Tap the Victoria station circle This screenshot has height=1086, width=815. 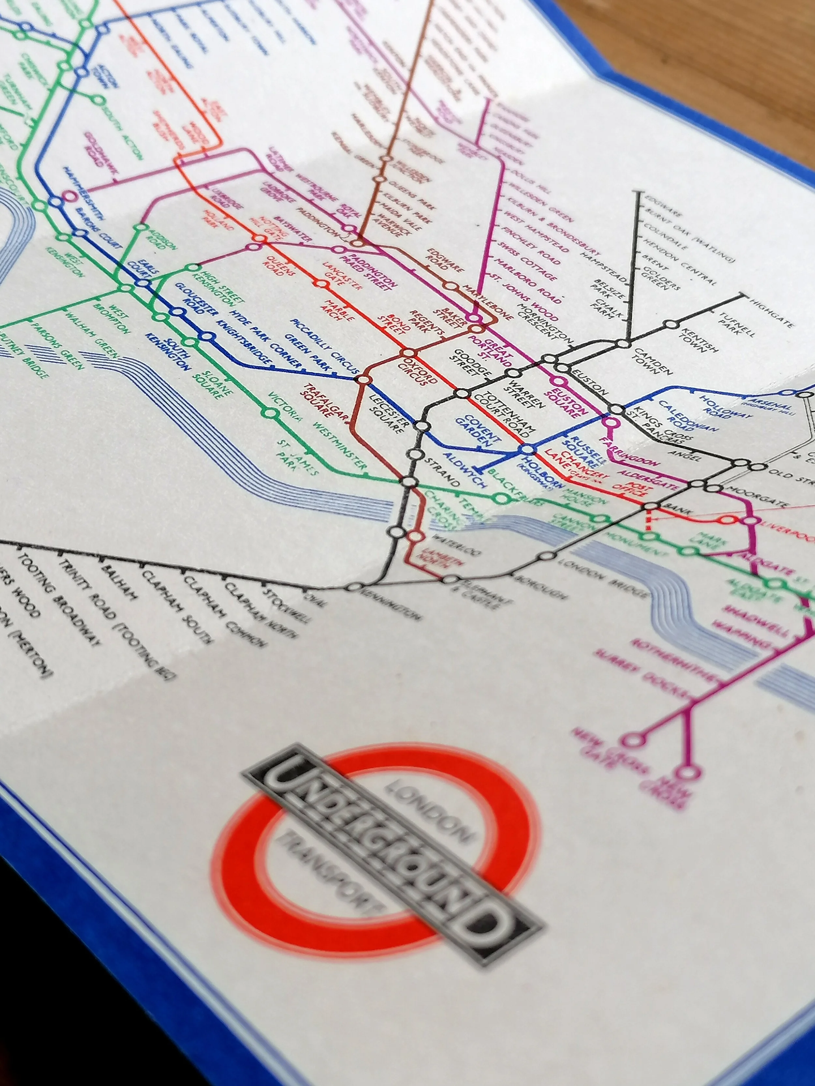269,413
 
